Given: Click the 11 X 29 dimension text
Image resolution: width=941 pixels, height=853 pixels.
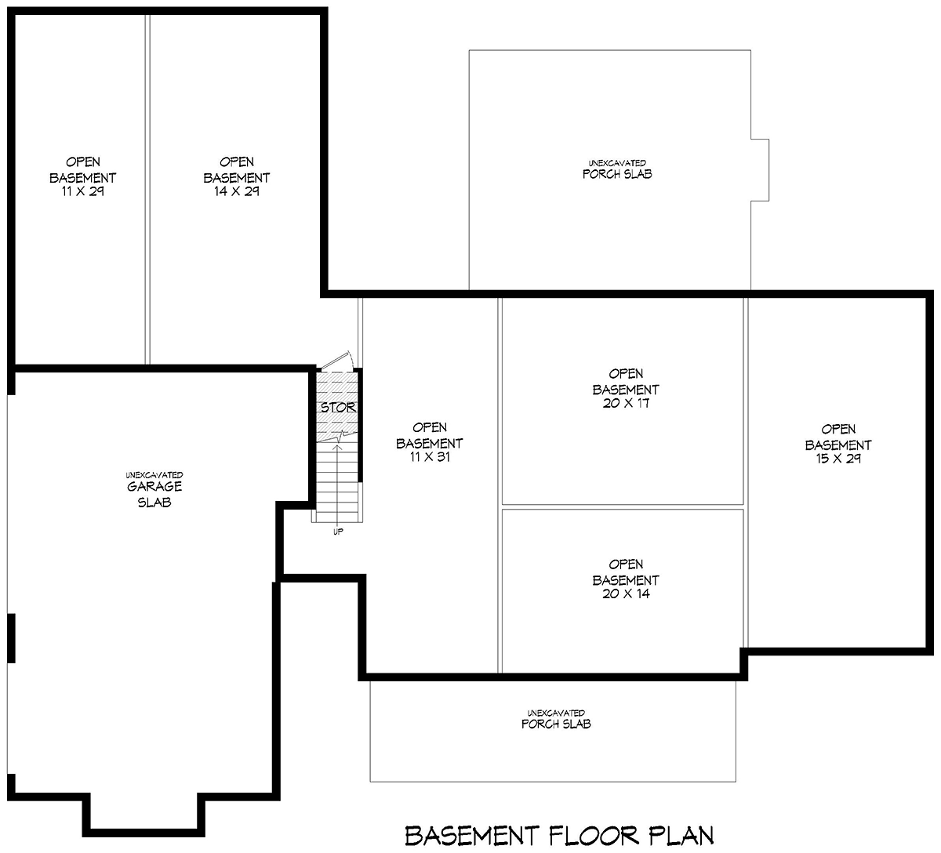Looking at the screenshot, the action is point(82,191).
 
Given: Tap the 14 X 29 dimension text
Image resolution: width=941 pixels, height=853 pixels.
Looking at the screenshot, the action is point(236,191).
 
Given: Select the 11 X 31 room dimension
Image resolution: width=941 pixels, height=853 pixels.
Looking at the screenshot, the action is point(430,457).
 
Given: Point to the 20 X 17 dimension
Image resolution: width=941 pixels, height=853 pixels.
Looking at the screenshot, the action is point(626,404).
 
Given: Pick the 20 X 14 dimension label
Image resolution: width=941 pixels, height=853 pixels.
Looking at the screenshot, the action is point(626,594).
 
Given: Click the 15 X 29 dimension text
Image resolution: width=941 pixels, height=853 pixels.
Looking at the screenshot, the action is point(838,459).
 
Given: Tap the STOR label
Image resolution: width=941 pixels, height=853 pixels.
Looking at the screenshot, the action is point(338,408).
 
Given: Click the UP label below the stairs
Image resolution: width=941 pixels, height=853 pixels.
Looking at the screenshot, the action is point(338,532).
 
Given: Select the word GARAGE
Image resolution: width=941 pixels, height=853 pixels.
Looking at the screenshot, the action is point(154,487).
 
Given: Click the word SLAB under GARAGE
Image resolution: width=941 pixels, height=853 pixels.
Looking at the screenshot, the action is point(154,503).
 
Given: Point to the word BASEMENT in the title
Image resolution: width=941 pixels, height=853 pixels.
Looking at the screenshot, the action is point(472,836).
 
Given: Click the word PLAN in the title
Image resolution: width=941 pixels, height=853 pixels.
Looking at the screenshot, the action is point(681,836).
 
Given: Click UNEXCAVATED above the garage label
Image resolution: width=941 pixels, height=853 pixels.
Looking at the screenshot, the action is point(154,475).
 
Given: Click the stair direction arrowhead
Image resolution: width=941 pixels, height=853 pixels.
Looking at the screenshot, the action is point(337,447).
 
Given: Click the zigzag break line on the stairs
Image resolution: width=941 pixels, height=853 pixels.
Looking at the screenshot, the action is point(337,437).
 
